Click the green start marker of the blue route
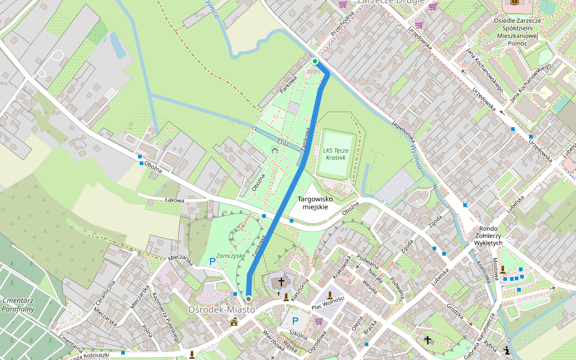[x=315, y=61]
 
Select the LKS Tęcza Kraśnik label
[x=332, y=154]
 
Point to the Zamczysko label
[x=231, y=255]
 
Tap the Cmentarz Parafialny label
[x=17, y=304]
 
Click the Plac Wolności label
[x=327, y=303]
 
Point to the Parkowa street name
[x=288, y=85]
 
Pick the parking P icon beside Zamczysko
[x=212, y=262]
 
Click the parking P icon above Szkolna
[x=295, y=321]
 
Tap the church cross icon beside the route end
[x=280, y=281]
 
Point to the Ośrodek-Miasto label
[x=221, y=310]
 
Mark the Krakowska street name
[x=340, y=269]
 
